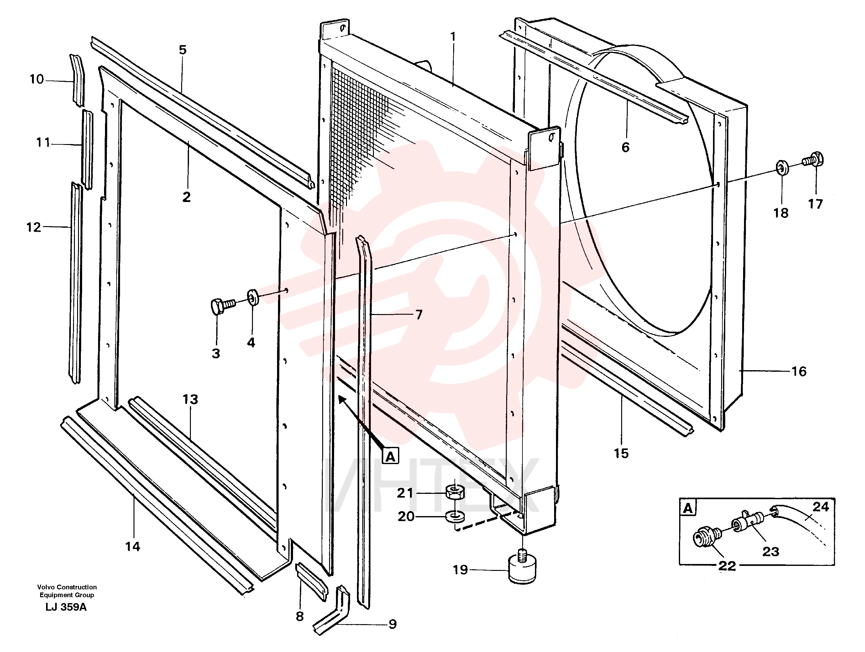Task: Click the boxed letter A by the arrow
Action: click(x=391, y=456)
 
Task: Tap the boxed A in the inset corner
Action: click(x=688, y=509)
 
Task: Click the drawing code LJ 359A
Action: click(x=66, y=607)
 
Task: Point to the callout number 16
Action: click(x=799, y=371)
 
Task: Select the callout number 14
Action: click(x=133, y=546)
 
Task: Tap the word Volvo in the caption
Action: click(x=46, y=587)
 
